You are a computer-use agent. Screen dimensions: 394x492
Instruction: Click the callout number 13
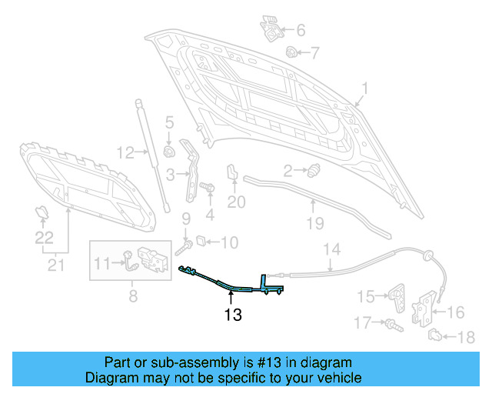[x=233, y=315]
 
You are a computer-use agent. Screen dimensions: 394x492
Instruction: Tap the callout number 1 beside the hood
[x=365, y=88]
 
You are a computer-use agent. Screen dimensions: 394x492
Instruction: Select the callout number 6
[x=301, y=31]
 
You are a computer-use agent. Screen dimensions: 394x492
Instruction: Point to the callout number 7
[x=314, y=53]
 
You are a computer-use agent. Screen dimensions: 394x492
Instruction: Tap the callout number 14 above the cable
[x=331, y=249]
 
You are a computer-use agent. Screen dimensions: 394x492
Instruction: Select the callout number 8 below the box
[x=132, y=294]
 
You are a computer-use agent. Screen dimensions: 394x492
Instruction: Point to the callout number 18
[x=466, y=337]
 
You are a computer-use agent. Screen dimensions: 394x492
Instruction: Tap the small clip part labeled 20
[x=231, y=172]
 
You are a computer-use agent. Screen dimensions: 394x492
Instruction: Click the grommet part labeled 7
[x=292, y=52]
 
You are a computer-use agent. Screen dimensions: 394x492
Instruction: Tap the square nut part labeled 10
[x=200, y=241]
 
